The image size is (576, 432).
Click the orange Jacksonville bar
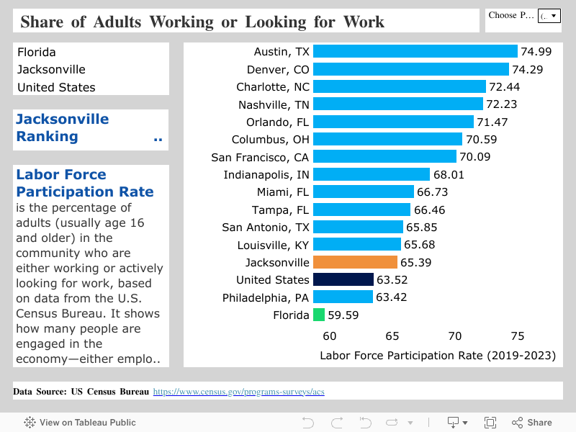355,262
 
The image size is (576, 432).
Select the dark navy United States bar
343,279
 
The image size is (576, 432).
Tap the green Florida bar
319,315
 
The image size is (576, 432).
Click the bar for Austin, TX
415,51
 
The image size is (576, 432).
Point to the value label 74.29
527,69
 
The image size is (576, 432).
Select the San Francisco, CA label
260,157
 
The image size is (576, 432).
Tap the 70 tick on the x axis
454,336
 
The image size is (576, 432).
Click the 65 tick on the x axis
392,336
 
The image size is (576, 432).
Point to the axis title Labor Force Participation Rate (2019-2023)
438,355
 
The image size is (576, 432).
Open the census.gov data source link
238,392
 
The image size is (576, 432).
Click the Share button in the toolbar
532,423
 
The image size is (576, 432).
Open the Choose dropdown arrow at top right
553,15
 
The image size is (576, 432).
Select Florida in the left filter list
37,52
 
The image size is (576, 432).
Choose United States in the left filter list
56,87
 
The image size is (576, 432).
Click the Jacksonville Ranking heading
63,128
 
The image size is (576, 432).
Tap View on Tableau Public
80,423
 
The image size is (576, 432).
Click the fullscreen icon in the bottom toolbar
490,423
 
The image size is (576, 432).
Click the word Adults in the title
117,22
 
